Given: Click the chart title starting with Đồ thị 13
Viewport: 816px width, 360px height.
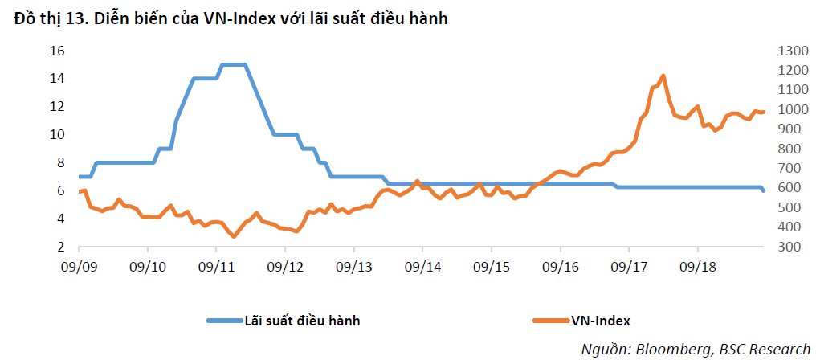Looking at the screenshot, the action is click(231, 18).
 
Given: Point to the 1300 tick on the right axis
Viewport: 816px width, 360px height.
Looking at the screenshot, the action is click(792, 51).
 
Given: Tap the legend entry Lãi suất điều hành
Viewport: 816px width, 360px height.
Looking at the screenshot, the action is click(284, 321).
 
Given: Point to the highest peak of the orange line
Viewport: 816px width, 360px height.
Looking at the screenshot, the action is click(663, 76).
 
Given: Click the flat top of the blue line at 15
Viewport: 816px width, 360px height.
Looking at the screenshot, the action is click(233, 64).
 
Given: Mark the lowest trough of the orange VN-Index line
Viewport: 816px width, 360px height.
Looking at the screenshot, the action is click(235, 236).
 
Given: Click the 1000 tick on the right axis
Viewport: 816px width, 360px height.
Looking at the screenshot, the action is click(792, 110).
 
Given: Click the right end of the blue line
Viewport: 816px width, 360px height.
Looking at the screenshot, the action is click(764, 191).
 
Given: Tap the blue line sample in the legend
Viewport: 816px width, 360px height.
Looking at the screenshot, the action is click(224, 321).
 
